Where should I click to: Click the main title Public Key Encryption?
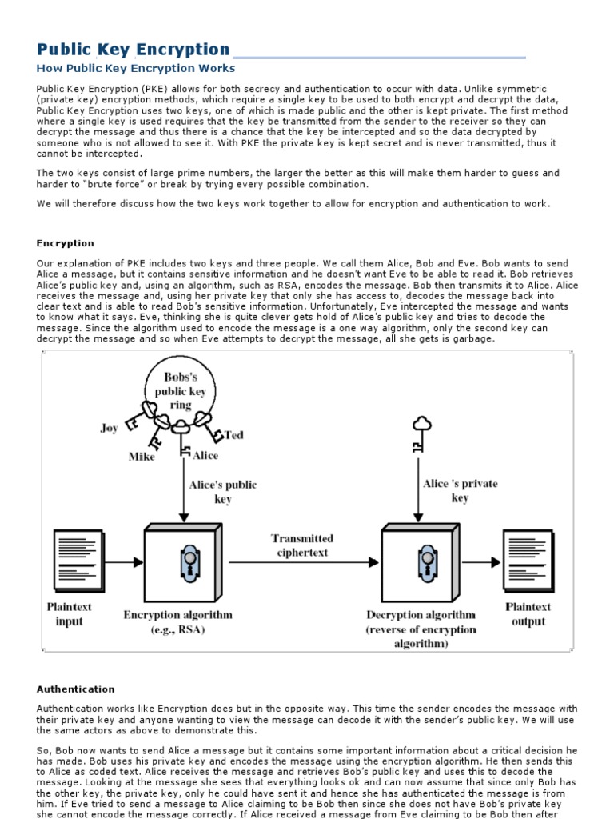point(134,50)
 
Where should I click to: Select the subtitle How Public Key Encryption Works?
point(136,69)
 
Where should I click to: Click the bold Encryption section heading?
point(66,243)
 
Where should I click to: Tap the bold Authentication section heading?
point(76,689)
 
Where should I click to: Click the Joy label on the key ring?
point(109,428)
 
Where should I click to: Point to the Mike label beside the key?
point(142,457)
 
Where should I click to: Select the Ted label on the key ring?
point(233,435)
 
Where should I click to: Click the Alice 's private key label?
point(460,490)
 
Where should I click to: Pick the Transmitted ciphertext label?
point(301,545)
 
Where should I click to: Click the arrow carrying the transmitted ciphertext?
point(304,563)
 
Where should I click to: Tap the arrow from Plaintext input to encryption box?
point(124,563)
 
